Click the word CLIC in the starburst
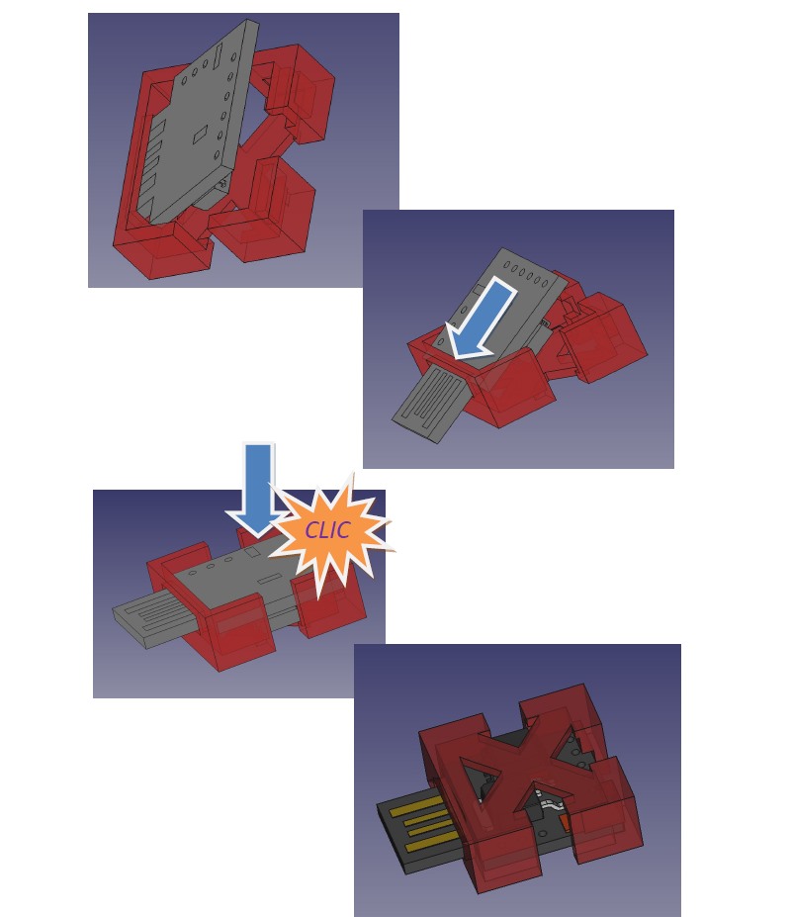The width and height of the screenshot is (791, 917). [327, 530]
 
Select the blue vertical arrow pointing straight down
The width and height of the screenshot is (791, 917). [258, 489]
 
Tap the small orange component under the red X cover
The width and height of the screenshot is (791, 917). [566, 822]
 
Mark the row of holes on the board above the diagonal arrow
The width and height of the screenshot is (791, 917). [526, 274]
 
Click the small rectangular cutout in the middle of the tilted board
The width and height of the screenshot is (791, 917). [200, 134]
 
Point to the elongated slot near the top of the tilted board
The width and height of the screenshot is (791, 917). [217, 55]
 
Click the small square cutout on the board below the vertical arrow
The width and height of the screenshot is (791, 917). [252, 551]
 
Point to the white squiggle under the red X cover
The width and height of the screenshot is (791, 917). [550, 806]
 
